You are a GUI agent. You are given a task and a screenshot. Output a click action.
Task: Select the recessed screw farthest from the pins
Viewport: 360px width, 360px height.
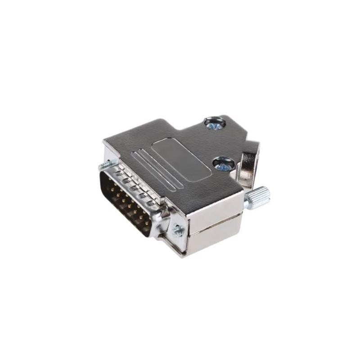pos(214,122)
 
